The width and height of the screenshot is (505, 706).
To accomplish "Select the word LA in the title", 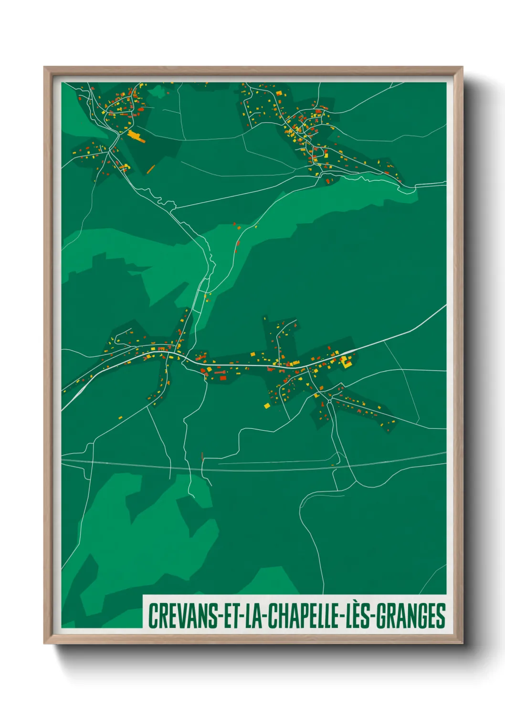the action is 253,616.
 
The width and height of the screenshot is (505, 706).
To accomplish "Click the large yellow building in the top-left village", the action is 136,136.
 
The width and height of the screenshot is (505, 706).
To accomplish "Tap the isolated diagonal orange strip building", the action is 151,168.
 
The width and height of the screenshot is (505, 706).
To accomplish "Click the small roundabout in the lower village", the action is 329,403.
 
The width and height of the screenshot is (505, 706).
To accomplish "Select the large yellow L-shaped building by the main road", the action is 346,362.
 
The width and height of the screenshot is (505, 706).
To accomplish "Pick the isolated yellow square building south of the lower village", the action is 267,406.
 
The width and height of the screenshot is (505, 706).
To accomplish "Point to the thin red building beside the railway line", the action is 203,456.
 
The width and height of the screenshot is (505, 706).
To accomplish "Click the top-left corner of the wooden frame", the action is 45,68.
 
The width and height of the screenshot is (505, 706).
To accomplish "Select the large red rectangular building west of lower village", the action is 222,378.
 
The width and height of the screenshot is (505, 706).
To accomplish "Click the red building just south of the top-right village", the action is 328,181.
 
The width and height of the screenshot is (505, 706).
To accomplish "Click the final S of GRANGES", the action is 442,616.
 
